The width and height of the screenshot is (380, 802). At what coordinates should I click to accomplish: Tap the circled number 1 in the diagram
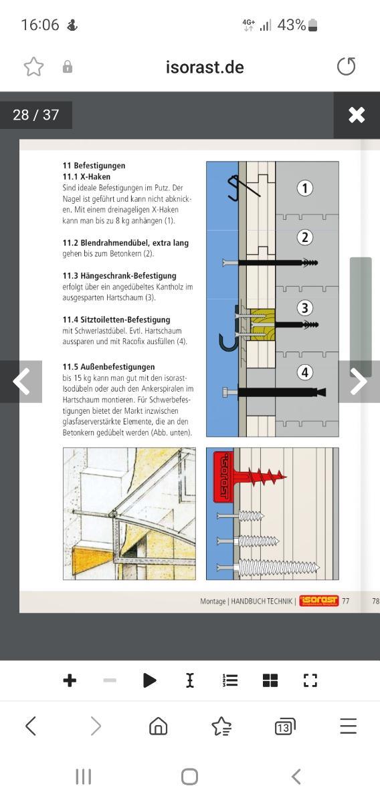pos(304,188)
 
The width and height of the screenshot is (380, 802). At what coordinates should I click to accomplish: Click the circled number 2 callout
pos(304,237)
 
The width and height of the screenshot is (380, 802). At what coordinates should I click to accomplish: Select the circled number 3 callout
pos(304,308)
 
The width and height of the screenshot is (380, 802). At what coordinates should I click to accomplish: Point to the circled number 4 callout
pos(304,372)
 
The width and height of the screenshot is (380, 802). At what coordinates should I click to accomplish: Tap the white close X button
pos(357,115)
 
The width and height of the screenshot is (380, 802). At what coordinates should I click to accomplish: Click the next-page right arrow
pos(359,382)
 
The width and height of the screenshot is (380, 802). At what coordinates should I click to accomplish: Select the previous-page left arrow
pos(21,382)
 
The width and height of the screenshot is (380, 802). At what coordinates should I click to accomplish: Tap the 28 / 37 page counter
pos(36,115)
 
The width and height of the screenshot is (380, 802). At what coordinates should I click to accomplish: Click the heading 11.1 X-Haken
pos(86,176)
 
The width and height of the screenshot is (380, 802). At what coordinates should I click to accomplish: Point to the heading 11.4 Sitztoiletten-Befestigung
pos(116,319)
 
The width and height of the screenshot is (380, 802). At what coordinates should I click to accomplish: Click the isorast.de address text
pos(205,68)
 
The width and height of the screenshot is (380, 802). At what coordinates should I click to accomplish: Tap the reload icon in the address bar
pos(347,66)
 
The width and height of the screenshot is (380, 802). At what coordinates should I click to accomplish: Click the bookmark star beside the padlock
pos(33,67)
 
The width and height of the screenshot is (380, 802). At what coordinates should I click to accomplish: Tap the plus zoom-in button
pos(70,680)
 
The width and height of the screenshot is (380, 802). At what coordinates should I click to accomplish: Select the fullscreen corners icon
pos(310,680)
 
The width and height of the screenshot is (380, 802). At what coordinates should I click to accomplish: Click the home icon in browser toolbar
pos(159,726)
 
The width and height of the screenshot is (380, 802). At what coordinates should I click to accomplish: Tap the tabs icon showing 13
pos(285,726)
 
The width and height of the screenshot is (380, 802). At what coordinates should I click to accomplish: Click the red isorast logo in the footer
pos(319,600)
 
